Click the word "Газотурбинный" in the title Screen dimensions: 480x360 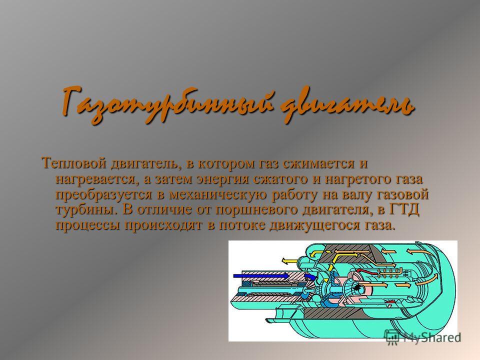tap(167, 104)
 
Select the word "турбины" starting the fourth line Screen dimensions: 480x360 tap(86, 209)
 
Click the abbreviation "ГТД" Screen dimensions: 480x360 tap(404, 209)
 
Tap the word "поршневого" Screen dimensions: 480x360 tap(257, 209)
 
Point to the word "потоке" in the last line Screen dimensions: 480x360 tap(240, 225)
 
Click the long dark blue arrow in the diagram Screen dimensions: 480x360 tap(261, 276)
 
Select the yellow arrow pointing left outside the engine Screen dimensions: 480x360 tap(289, 261)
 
